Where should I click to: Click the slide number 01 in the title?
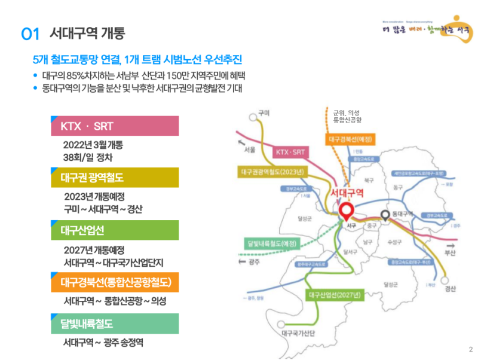click(x=30, y=33)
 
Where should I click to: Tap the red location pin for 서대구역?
click(x=346, y=211)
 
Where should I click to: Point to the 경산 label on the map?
click(x=450, y=289)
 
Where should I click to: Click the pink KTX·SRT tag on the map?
click(x=291, y=152)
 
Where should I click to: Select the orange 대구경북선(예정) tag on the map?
click(x=351, y=139)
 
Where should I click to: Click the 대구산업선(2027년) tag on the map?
click(x=335, y=295)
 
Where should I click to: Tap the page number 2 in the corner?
click(x=470, y=350)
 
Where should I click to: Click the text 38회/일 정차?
click(x=88, y=158)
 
